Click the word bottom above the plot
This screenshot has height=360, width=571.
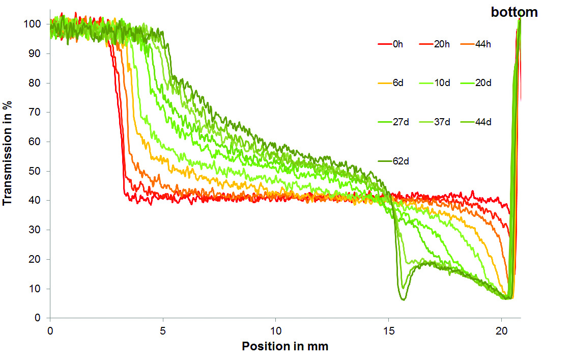(x=514, y=13)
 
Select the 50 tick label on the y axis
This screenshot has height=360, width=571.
(x=41, y=171)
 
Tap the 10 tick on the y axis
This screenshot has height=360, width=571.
(x=41, y=289)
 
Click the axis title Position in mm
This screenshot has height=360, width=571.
(x=285, y=347)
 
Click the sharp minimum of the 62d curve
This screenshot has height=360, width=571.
(x=404, y=299)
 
